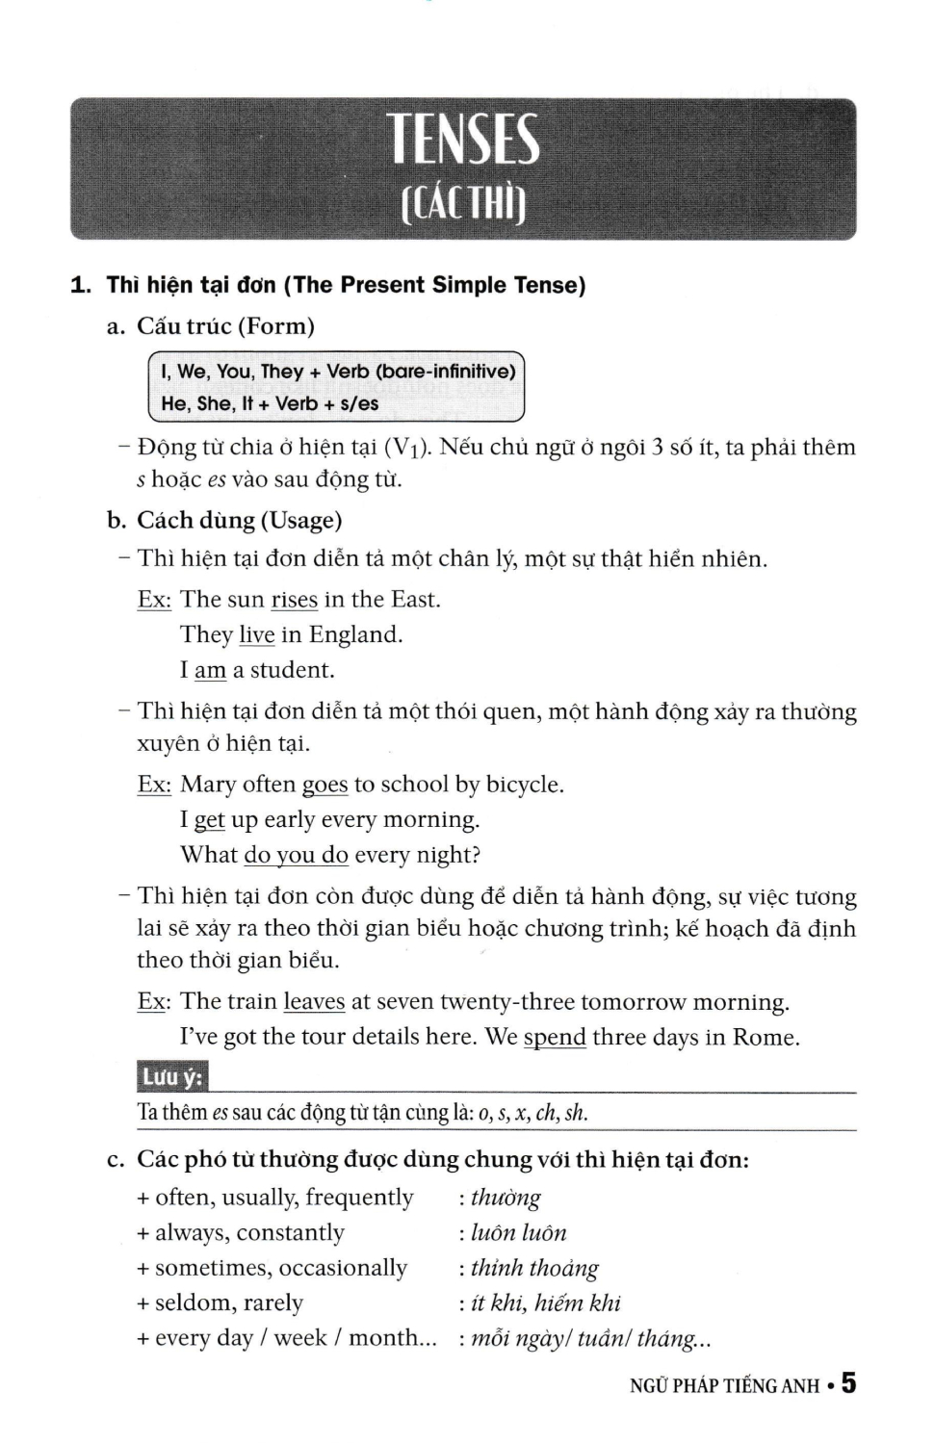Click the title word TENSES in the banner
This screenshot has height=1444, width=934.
[x=464, y=141]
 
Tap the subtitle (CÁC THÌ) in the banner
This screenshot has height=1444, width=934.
[x=463, y=203]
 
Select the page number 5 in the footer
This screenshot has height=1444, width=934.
[x=847, y=1383]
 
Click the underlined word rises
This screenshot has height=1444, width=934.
[x=294, y=600]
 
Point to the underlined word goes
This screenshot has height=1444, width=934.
[x=324, y=785]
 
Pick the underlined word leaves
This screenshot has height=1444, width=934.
[x=314, y=1001]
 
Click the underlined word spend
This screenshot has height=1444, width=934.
[x=555, y=1037]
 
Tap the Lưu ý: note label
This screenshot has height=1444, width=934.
[x=172, y=1077]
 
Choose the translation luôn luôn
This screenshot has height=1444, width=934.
[x=519, y=1233]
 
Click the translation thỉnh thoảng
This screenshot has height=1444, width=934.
[x=534, y=1269]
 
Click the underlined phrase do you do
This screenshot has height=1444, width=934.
[x=296, y=855]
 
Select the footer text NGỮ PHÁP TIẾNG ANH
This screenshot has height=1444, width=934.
[x=724, y=1386]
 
